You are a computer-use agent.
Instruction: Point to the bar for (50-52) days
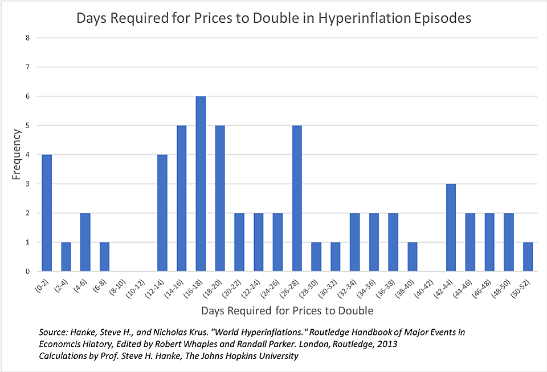[528, 256]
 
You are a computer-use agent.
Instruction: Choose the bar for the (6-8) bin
[104, 256]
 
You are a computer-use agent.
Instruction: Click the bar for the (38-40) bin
[412, 256]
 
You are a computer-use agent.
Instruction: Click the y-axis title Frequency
[17, 155]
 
